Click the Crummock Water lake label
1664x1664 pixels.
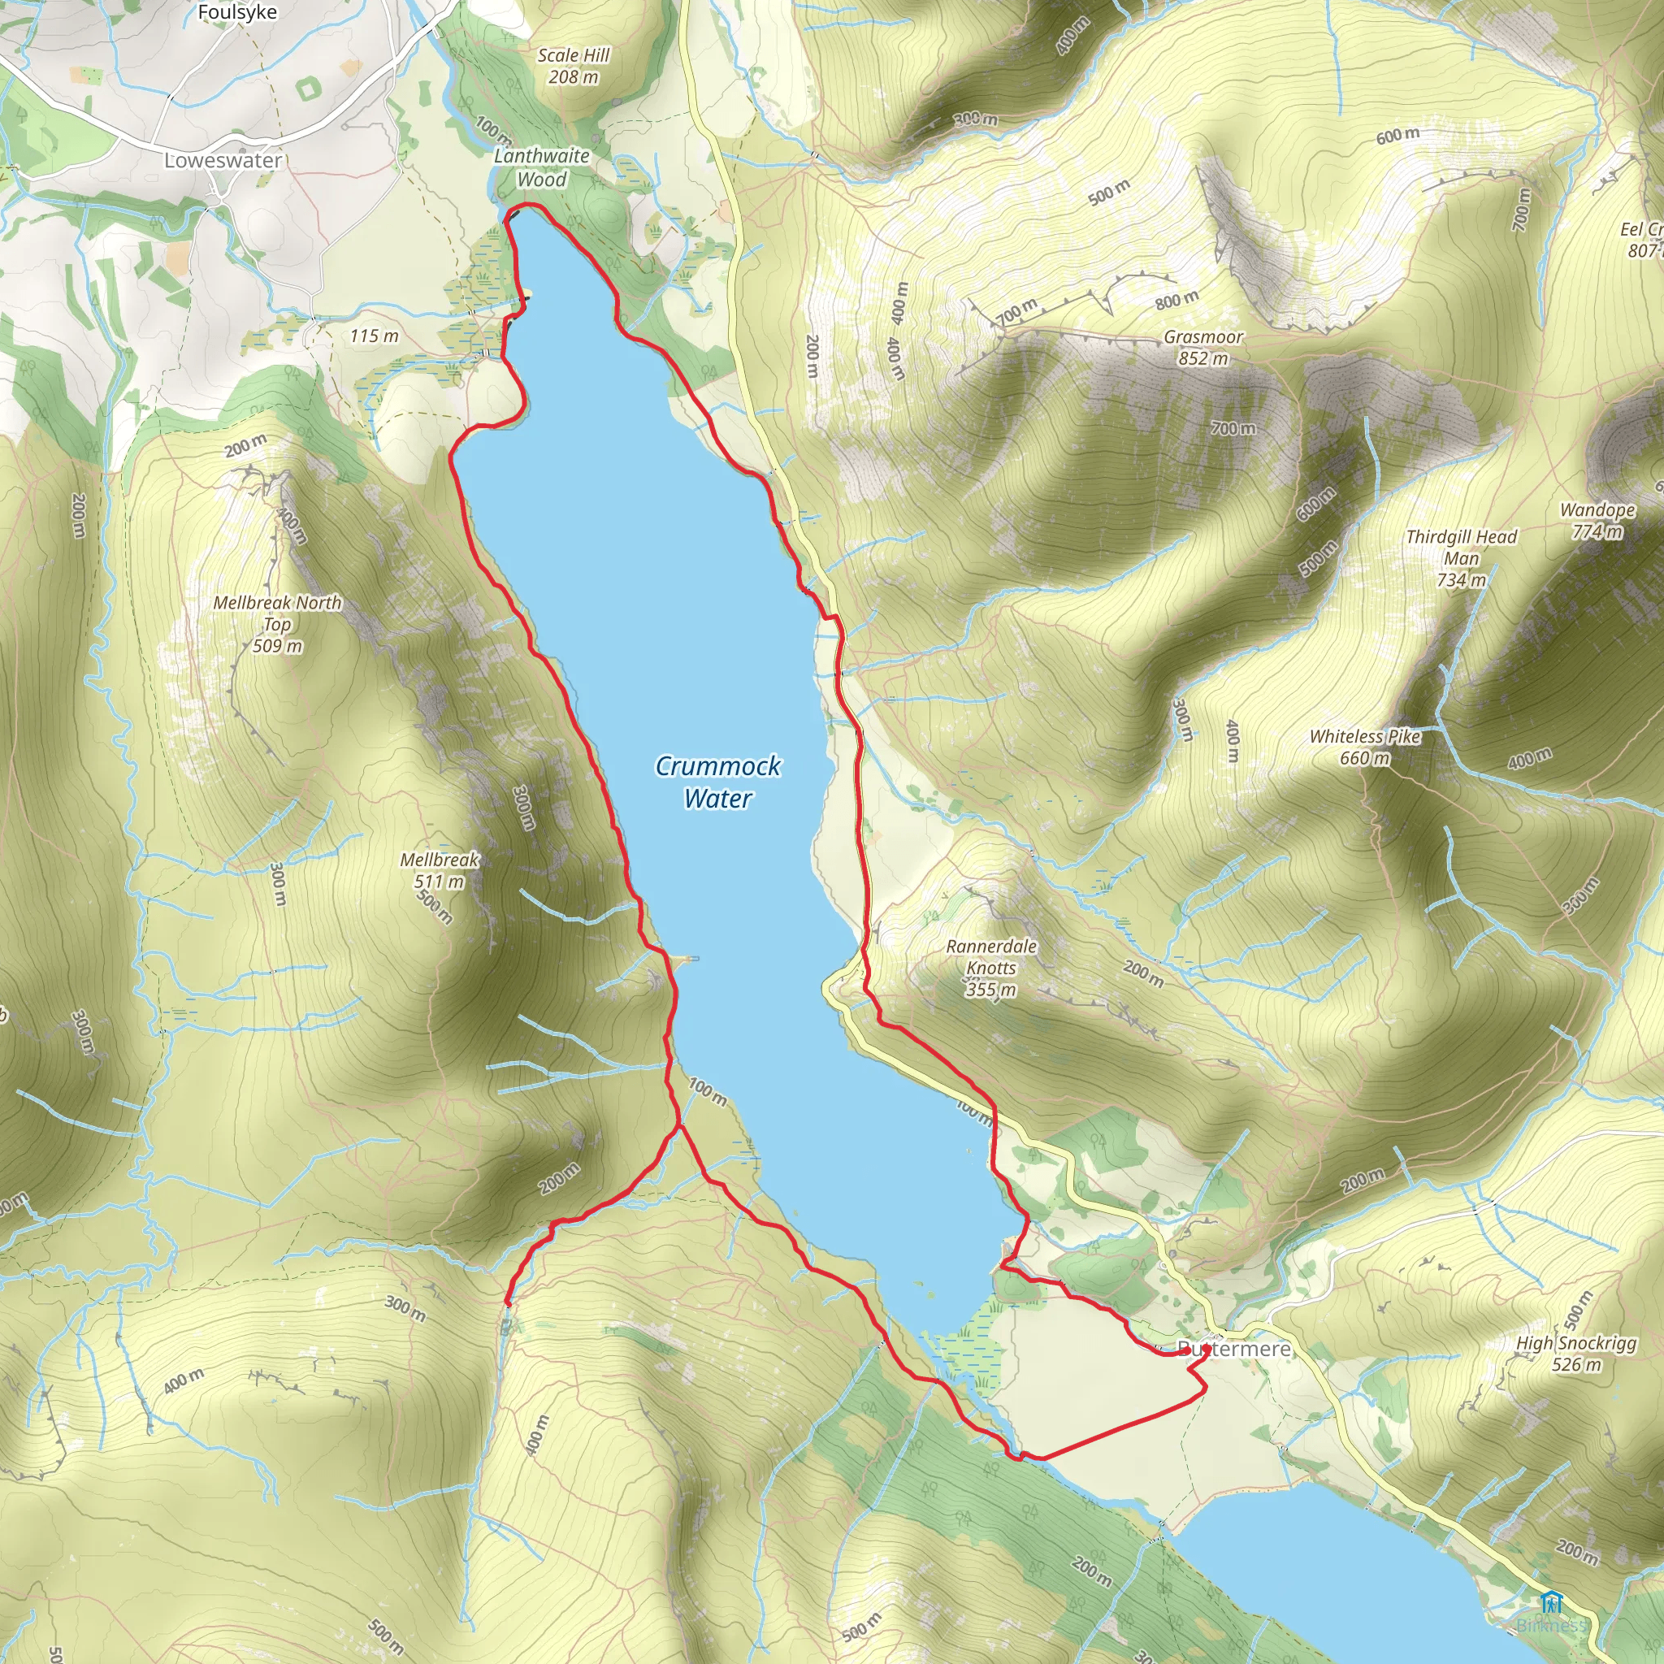click(717, 782)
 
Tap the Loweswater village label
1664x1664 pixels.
click(223, 161)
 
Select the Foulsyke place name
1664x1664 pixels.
click(237, 13)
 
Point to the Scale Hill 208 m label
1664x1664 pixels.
click(574, 67)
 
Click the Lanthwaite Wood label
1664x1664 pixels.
click(542, 168)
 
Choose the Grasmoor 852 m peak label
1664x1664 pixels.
click(1203, 348)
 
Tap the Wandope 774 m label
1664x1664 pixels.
click(1597, 520)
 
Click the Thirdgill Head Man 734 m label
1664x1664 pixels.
click(1462, 558)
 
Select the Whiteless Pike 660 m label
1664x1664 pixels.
click(1365, 747)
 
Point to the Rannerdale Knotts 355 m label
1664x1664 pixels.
click(991, 967)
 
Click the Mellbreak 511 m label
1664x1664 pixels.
click(440, 870)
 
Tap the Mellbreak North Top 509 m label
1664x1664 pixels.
click(277, 623)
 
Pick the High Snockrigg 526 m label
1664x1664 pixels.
click(1576, 1353)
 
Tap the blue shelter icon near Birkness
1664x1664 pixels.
click(1551, 1604)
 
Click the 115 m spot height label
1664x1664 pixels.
click(375, 336)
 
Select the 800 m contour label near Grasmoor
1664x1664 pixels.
click(1176, 300)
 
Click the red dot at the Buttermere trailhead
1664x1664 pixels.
click(1206, 1348)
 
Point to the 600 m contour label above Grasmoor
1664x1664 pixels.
click(1397, 134)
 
